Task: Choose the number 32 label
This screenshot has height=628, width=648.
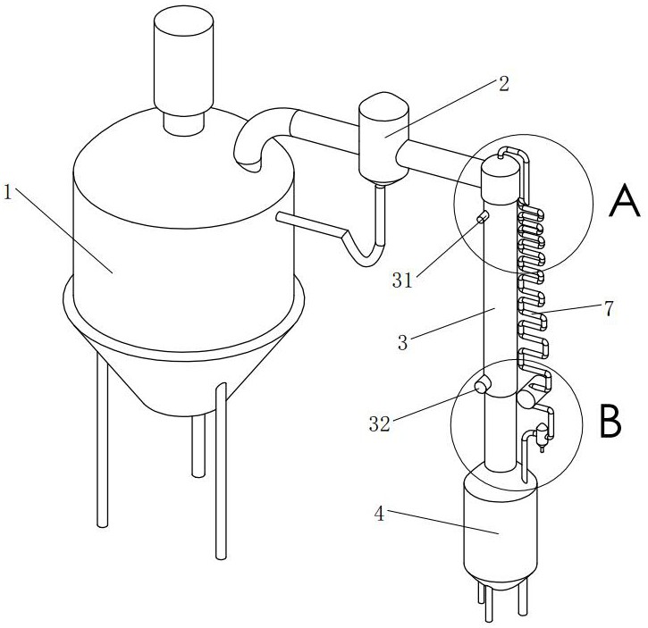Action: tap(379, 425)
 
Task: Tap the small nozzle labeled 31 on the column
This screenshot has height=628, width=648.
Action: tap(483, 217)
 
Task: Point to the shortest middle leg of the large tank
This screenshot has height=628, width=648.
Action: tap(198, 447)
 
